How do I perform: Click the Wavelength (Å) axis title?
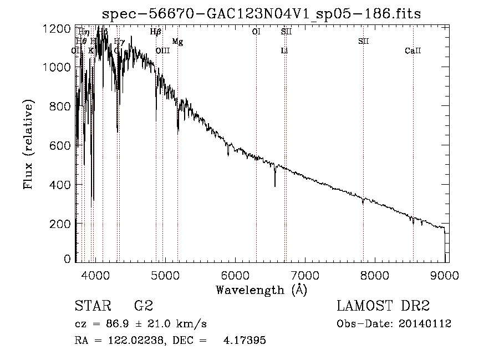[261, 290]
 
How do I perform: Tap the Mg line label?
[177, 42]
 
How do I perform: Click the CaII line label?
[413, 51]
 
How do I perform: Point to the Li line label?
[284, 51]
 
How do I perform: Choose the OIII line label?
[162, 51]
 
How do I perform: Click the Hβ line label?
[156, 32]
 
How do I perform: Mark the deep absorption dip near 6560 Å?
[275, 183]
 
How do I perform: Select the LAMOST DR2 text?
[383, 306]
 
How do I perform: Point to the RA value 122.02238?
[138, 341]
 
